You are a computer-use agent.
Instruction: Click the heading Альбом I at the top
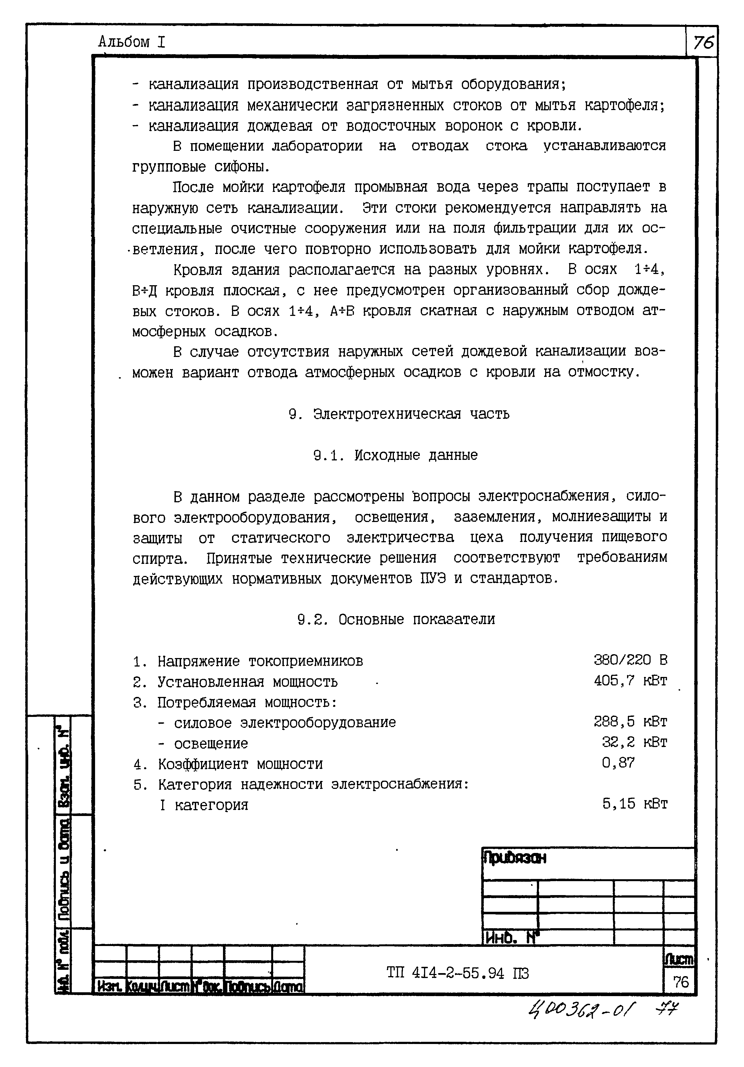(x=131, y=42)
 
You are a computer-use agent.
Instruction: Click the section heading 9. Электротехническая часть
(x=399, y=414)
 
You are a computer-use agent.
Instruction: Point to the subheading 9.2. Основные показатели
(x=396, y=619)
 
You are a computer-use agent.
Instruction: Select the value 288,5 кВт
(x=630, y=722)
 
